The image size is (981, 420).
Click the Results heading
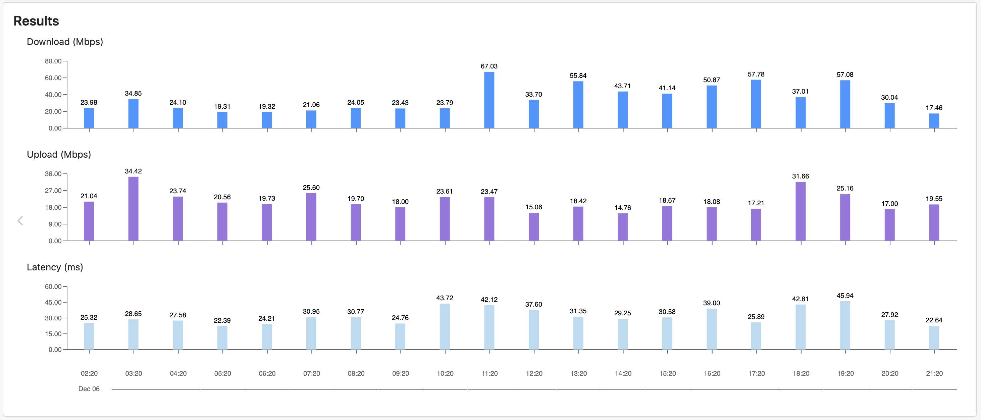(36, 21)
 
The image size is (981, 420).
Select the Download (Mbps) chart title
(65, 42)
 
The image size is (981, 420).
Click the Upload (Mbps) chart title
(59, 154)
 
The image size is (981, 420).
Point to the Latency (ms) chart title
(55, 267)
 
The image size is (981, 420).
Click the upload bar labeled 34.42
(133, 209)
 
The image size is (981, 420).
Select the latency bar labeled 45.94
(845, 325)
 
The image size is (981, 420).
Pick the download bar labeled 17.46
(934, 121)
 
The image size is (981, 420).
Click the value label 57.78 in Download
(756, 74)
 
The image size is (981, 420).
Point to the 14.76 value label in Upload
(622, 208)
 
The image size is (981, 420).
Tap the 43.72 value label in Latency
(445, 298)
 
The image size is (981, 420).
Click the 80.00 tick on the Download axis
(53, 61)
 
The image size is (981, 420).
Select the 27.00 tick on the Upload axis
(53, 191)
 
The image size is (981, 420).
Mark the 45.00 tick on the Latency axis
(53, 302)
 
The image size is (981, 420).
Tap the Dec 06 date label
(89, 389)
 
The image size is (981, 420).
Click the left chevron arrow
(20, 220)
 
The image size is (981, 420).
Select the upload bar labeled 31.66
(800, 211)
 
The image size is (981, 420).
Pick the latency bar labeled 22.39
(222, 337)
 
